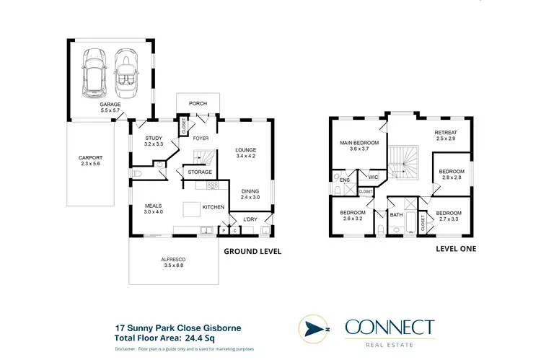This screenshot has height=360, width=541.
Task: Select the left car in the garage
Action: click(x=94, y=72)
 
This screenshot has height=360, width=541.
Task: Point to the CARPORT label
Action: click(x=91, y=161)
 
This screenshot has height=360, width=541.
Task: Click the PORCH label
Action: click(x=198, y=103)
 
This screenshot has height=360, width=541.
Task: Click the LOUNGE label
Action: click(x=247, y=152)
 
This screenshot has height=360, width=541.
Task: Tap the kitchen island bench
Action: click(x=191, y=209)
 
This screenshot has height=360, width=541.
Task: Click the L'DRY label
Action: click(x=250, y=219)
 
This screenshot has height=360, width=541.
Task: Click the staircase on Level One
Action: click(x=404, y=162)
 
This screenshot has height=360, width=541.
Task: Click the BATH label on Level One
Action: click(x=396, y=214)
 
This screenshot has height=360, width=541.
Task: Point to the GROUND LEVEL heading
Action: click(x=252, y=252)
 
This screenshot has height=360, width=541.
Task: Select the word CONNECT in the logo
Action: click(x=390, y=327)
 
